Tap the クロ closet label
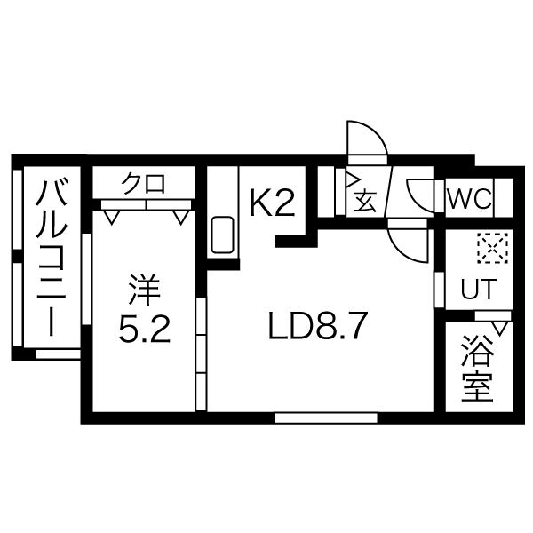point(144,185)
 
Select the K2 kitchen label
point(271,204)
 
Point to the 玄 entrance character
point(366,201)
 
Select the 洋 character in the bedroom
point(142,290)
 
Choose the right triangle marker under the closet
point(180,214)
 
